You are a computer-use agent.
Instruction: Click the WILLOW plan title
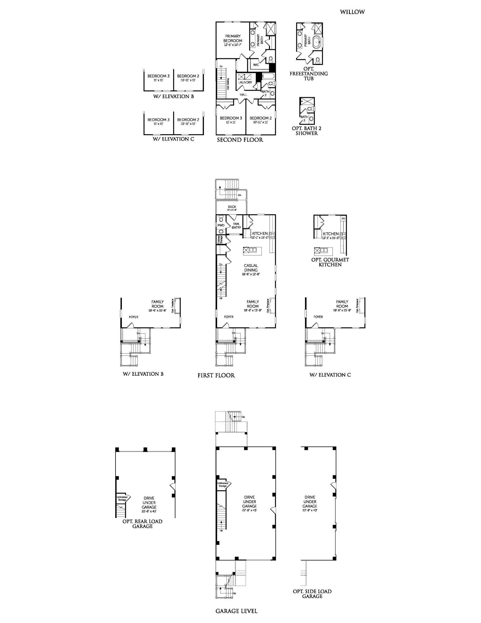352,12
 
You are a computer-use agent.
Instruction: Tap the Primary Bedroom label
233,39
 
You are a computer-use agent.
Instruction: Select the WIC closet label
256,65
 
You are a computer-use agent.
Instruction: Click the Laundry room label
245,82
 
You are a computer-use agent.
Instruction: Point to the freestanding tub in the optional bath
317,42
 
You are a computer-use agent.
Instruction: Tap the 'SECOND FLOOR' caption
240,140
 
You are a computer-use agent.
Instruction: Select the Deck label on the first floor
232,207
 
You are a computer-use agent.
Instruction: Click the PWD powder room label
221,225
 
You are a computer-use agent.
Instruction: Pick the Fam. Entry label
236,226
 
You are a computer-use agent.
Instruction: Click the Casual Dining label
251,268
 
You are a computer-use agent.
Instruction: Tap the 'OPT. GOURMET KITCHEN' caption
330,262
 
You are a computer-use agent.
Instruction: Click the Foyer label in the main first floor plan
229,317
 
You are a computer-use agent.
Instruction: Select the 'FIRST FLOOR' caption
216,375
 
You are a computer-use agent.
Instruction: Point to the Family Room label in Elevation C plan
342,304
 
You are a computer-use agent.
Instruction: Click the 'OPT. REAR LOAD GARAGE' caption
142,524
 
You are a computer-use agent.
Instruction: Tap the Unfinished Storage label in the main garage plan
223,484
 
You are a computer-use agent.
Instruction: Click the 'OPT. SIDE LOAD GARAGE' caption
312,594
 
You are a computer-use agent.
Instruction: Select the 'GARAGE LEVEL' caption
236,611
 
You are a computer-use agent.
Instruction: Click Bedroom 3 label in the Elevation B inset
158,76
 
